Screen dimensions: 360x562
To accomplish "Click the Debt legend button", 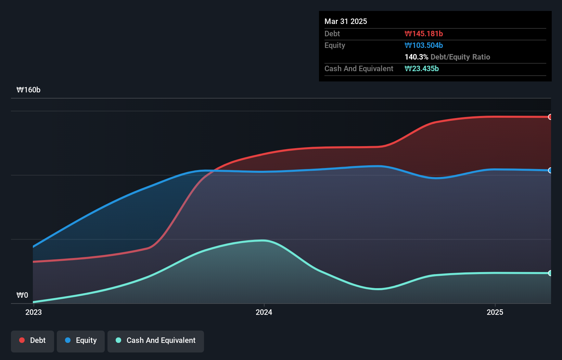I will click(x=33, y=341).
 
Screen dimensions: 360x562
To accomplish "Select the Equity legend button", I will click(x=81, y=341).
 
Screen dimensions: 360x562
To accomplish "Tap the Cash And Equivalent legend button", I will click(x=156, y=341).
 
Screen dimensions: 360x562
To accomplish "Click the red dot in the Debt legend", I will click(x=22, y=340).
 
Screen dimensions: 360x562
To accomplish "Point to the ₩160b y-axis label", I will click(x=28, y=90).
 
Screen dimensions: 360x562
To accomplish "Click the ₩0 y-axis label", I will click(x=22, y=295).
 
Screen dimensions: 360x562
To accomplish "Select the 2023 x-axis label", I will click(x=34, y=312).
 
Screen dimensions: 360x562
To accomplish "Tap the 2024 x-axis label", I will click(x=264, y=312).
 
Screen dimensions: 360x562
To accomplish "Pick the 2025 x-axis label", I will click(x=495, y=312).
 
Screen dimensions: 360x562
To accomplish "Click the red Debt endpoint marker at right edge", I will click(x=550, y=117).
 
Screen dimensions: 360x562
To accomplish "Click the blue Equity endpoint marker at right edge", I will click(x=550, y=170).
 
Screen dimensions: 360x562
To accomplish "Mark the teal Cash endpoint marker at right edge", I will click(x=550, y=273).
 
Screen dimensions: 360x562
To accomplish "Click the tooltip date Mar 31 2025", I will click(x=346, y=21).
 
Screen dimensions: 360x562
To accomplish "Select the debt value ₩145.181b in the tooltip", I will click(x=424, y=34).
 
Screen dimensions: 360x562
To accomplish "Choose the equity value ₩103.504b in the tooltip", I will click(x=424, y=45).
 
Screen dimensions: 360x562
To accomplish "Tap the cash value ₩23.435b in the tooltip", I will click(x=422, y=68).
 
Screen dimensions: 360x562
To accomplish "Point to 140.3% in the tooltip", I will click(x=416, y=57).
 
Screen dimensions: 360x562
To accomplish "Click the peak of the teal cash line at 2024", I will click(x=263, y=241).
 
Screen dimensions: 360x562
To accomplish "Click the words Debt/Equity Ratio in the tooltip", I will click(x=460, y=57).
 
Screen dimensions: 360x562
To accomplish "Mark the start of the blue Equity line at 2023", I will click(x=34, y=246).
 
